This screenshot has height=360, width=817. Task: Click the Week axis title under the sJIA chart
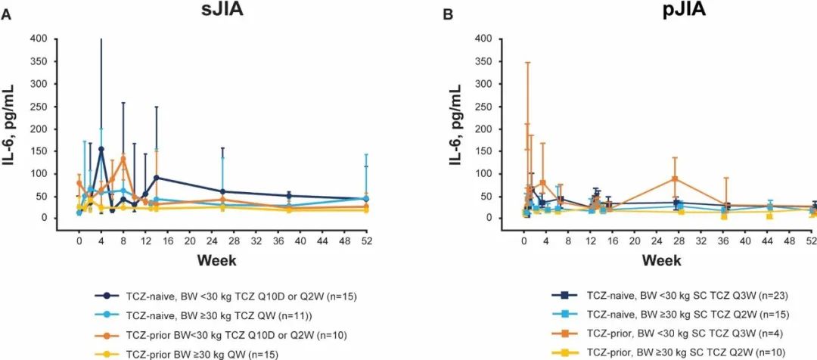click(217, 260)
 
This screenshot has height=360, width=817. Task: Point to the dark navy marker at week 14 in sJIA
click(156, 178)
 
